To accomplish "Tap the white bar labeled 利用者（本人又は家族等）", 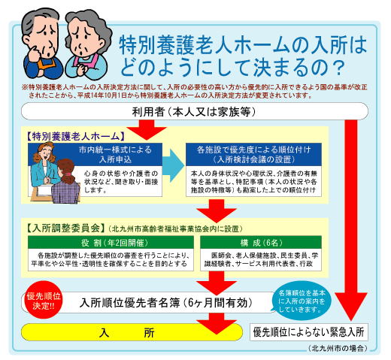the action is (195, 111).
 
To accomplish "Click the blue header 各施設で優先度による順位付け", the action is (253, 155).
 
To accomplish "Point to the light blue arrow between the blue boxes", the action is (174, 165).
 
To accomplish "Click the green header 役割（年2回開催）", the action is (111, 242).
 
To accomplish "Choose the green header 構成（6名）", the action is (261, 242).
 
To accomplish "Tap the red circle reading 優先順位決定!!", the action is (44, 300).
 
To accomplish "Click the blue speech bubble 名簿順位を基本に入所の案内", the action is (302, 301).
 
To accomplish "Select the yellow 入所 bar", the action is (132, 332).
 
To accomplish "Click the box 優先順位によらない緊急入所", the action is (309, 332).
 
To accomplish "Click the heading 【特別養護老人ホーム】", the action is (75, 137).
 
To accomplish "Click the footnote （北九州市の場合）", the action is (338, 348).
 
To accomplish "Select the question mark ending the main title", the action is (340, 68).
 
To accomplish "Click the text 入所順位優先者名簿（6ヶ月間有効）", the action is (166, 303).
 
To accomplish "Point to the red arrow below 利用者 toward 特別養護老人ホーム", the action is (147, 130).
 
